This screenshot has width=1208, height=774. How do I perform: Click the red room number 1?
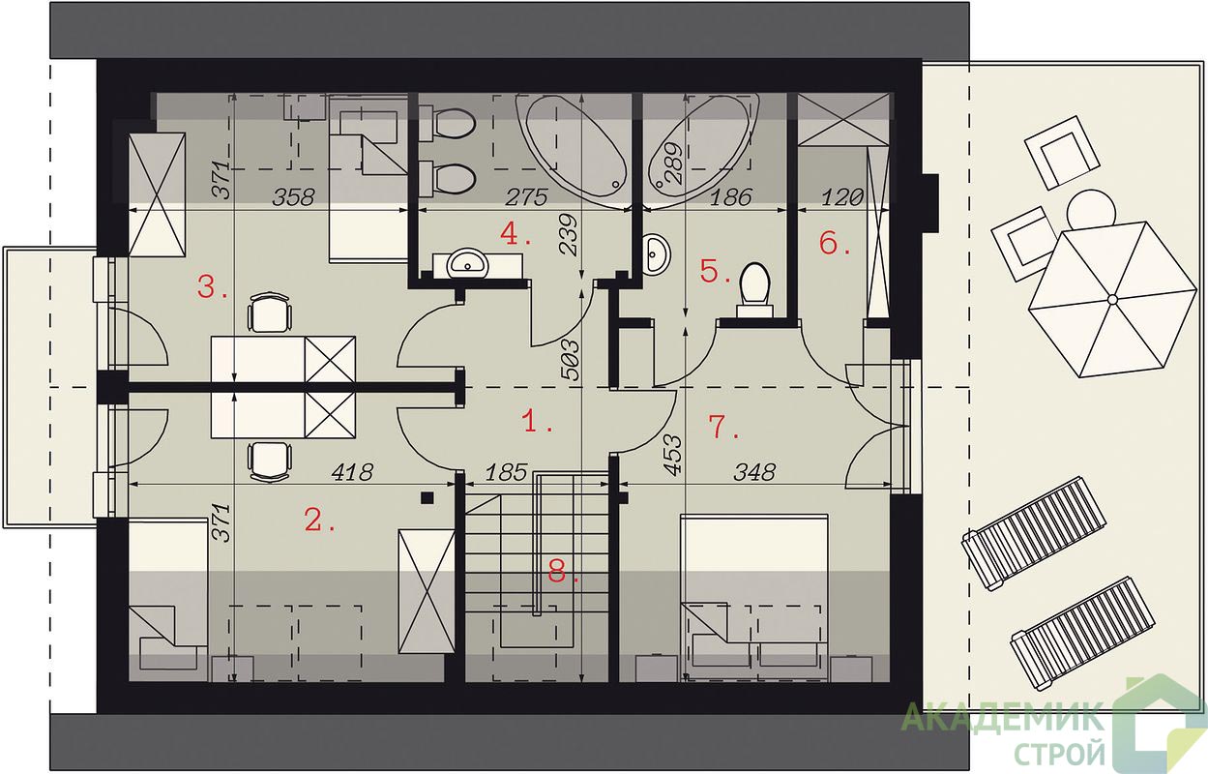[x=538, y=421]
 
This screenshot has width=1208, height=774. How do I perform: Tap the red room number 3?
[x=212, y=287]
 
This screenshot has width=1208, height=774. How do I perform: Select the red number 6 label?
[x=835, y=243]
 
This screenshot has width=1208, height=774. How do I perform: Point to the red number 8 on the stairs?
[x=563, y=572]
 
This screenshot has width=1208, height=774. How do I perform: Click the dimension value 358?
[x=293, y=197]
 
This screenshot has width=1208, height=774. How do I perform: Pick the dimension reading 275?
[x=526, y=197]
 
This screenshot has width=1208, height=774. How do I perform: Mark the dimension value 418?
[x=352, y=472]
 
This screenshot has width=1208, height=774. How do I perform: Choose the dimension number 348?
[x=754, y=472]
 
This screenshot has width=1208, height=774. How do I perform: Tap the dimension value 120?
[x=841, y=197]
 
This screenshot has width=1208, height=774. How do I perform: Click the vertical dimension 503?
[x=572, y=360]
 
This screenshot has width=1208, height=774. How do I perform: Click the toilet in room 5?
[x=755, y=289]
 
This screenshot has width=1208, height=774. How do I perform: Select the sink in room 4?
[x=468, y=263]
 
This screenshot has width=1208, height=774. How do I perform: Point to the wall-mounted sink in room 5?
[x=657, y=253]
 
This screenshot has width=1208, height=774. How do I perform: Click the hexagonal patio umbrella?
[x=1111, y=299]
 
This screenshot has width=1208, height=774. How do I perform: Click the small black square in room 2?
[x=427, y=498]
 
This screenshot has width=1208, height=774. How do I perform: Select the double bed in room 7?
[x=754, y=598]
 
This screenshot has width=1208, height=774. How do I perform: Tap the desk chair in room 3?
[x=270, y=312]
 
